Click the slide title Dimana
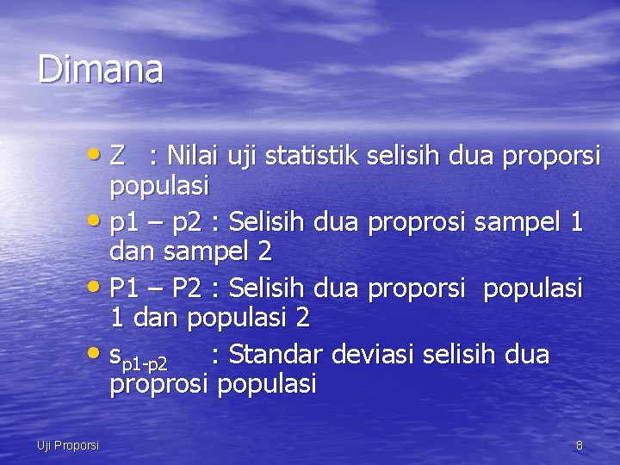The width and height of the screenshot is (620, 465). coord(100,69)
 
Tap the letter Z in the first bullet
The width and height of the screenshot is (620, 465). coord(119,157)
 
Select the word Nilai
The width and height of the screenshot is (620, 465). coord(195,157)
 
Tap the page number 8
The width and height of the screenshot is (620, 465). coord(579,445)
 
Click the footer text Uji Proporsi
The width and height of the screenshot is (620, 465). coord(68,445)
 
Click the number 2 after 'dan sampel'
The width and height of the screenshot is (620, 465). coord(264,252)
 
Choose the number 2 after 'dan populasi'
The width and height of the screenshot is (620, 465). coord(302,318)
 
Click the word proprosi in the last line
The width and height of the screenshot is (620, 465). coord(159,384)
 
